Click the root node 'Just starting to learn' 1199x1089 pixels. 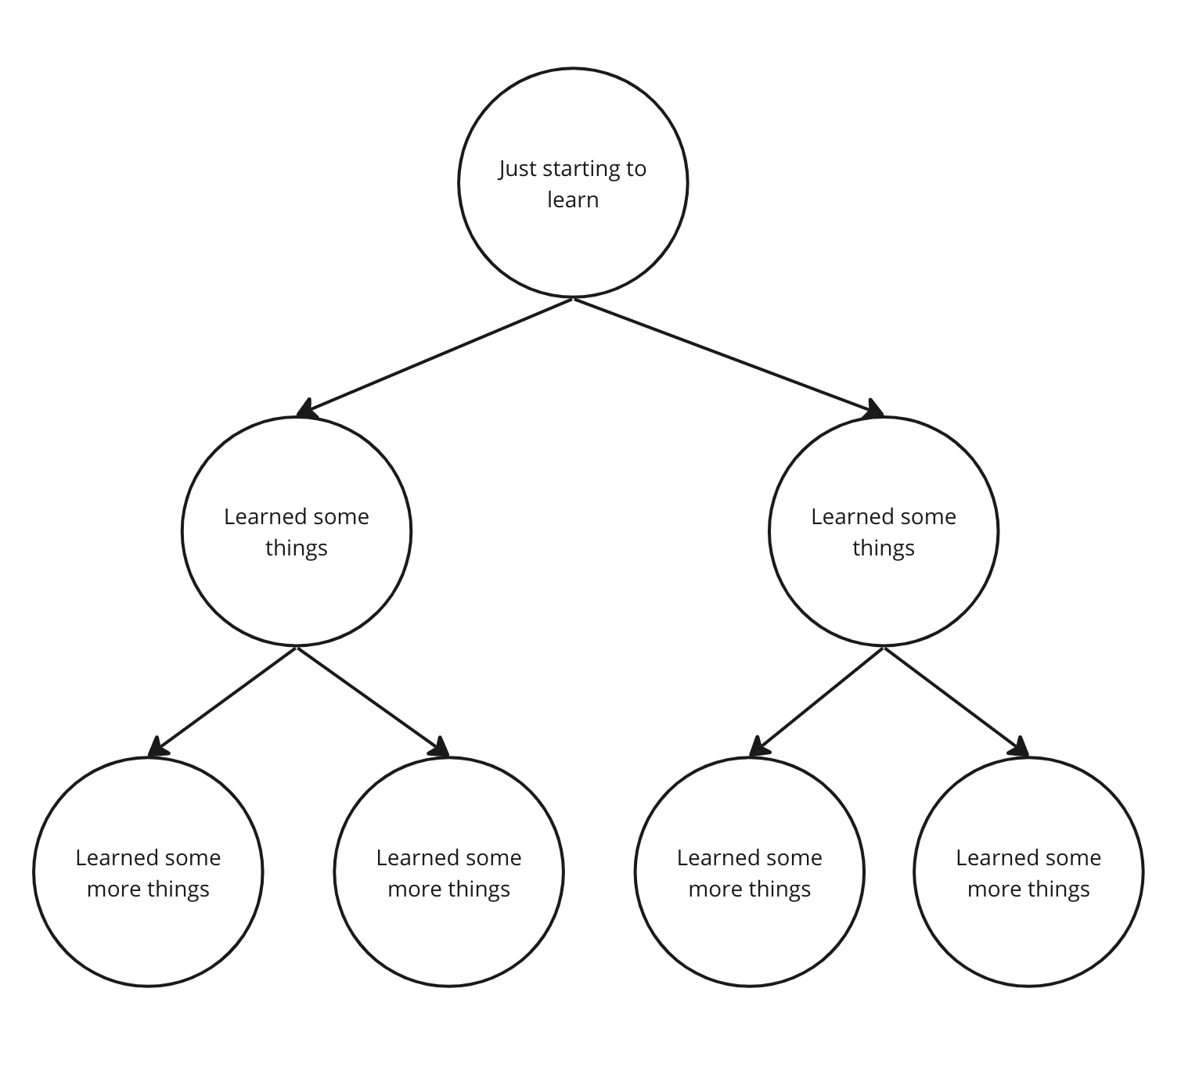point(573,183)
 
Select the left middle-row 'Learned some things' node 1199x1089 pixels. point(297,532)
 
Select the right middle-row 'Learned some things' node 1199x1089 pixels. point(884,532)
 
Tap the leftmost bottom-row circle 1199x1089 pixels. point(148,872)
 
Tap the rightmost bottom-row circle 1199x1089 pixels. point(1028,872)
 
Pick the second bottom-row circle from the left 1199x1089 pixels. point(448,872)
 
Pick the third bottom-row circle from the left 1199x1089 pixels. point(750,872)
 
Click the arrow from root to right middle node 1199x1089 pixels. point(728,356)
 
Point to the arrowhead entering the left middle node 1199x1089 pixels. point(307,409)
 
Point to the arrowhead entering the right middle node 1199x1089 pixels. point(873,409)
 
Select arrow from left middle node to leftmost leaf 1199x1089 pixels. point(223,702)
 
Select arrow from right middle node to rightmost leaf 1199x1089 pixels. point(956,702)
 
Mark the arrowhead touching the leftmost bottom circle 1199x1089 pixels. point(157,748)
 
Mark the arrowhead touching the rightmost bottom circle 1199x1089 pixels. point(1018,748)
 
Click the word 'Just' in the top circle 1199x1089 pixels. point(517,169)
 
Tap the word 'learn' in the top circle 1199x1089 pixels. point(573,199)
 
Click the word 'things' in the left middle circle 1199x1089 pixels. point(297,548)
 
